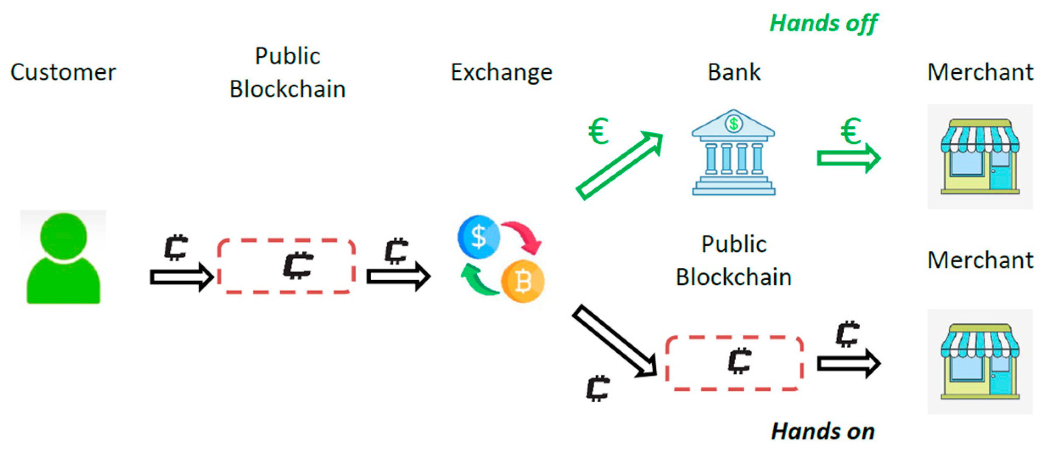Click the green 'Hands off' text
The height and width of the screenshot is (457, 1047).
coord(823,23)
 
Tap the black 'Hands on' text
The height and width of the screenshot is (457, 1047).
coord(822,432)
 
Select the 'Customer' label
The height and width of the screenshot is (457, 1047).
coord(63,72)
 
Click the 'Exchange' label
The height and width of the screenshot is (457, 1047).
coord(501,72)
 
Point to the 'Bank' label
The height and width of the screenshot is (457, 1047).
coord(733,72)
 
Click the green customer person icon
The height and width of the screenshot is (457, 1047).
coord(63,259)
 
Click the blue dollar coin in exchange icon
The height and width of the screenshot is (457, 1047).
coord(479,237)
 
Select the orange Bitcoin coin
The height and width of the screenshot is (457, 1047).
coord(523,281)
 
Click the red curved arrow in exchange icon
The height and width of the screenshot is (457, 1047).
coord(524,236)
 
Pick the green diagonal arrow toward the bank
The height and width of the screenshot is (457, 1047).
coord(619,165)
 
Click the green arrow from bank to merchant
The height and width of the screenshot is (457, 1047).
coord(848,159)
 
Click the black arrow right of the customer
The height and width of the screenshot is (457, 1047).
coord(182,277)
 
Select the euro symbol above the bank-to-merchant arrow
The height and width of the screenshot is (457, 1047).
coord(851,131)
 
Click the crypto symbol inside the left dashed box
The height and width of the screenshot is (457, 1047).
coord(298,265)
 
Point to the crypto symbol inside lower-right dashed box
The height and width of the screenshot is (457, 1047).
coord(739,361)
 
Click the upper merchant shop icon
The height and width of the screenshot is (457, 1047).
coord(980,156)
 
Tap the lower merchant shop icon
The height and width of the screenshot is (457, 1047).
coord(980,362)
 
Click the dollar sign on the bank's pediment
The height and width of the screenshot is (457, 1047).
coord(733,124)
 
